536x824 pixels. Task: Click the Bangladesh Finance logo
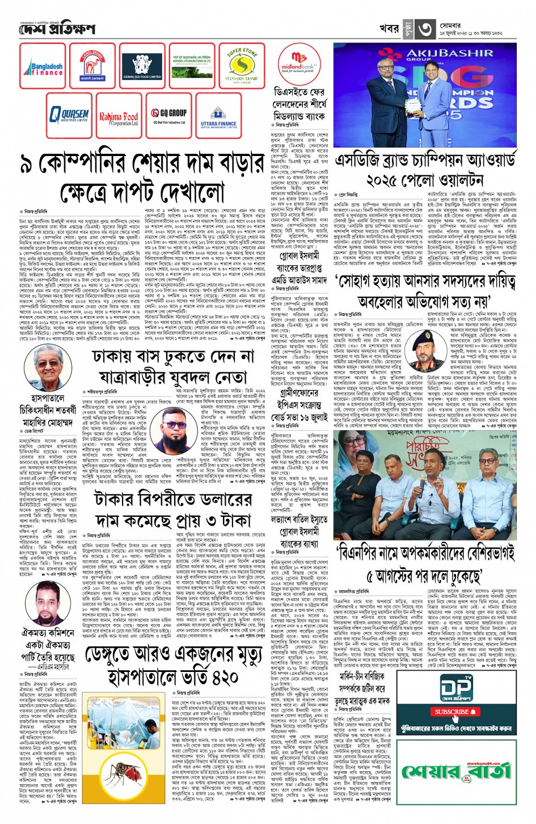click(44, 66)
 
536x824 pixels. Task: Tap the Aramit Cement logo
click(92, 66)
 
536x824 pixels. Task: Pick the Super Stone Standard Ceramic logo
click(242, 66)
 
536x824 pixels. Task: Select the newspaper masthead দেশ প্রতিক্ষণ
click(57, 29)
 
